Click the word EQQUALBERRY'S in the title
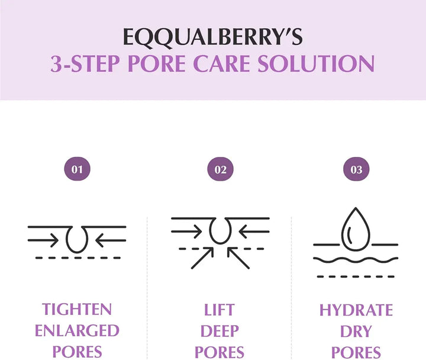[x=213, y=37]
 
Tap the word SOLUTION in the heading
[x=316, y=63]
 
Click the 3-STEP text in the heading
[x=85, y=63]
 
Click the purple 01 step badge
[x=77, y=169]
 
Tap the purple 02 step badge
[x=220, y=169]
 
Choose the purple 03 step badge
[x=356, y=169]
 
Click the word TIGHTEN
[x=77, y=310]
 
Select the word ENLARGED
[x=77, y=330]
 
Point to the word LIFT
[x=220, y=310]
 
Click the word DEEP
[x=220, y=331]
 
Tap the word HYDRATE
[x=356, y=310]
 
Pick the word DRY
[x=356, y=331]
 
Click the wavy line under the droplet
[x=356, y=261]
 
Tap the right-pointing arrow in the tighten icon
[x=43, y=240]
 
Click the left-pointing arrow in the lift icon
[x=254, y=232]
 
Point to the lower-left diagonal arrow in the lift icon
[x=202, y=258]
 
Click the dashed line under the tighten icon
[x=78, y=258]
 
